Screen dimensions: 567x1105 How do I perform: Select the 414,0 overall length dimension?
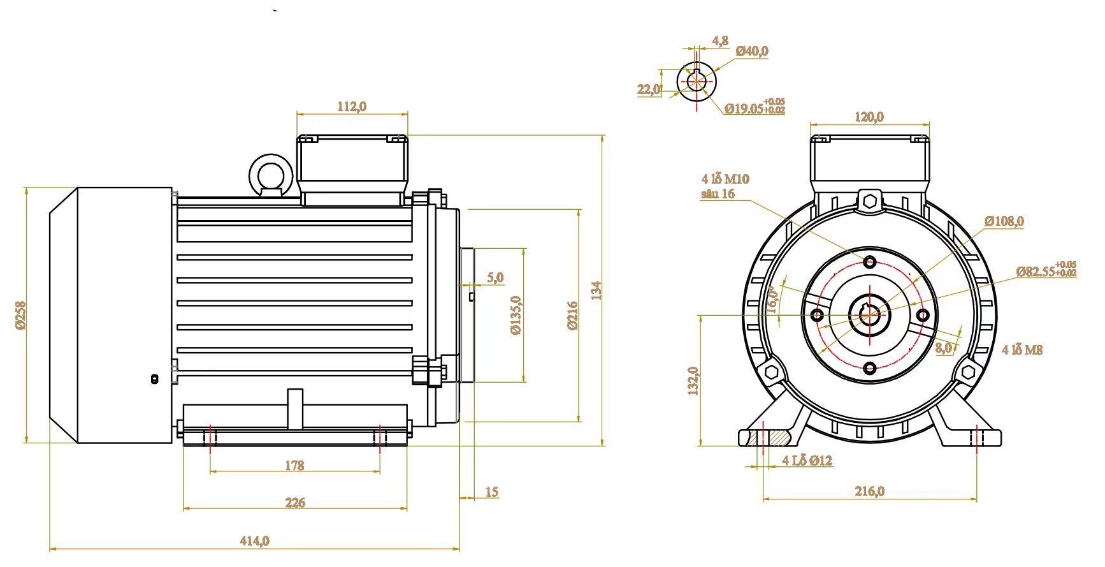pyautogui.click(x=254, y=541)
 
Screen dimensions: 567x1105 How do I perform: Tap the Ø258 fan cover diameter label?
pyautogui.click(x=20, y=315)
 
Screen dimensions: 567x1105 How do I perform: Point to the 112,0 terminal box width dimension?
pyautogui.click(x=352, y=107)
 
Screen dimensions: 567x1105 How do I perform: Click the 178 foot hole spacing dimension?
pyautogui.click(x=294, y=466)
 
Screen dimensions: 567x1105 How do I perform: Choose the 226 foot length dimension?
pyautogui.click(x=295, y=503)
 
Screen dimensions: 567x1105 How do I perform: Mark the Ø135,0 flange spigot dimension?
pyautogui.click(x=516, y=315)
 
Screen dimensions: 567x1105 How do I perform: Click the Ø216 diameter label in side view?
pyautogui.click(x=572, y=315)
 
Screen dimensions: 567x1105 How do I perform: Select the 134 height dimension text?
pyautogui.click(x=596, y=291)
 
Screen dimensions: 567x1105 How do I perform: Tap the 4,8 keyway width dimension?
pyautogui.click(x=720, y=41)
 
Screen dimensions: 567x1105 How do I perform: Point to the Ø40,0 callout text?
pyautogui.click(x=752, y=51)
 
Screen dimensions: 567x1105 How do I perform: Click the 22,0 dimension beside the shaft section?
pyautogui.click(x=649, y=89)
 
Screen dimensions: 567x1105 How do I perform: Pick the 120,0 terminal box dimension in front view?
pyautogui.click(x=869, y=117)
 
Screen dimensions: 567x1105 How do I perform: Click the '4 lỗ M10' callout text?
pyautogui.click(x=725, y=179)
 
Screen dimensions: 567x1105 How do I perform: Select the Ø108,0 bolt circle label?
pyautogui.click(x=1004, y=221)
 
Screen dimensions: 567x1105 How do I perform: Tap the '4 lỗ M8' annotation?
pyautogui.click(x=1022, y=350)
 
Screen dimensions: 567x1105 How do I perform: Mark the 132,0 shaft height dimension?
pyautogui.click(x=693, y=381)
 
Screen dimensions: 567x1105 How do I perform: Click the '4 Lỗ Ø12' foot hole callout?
pyautogui.click(x=807, y=460)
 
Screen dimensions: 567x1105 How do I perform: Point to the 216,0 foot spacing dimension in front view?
pyautogui.click(x=869, y=491)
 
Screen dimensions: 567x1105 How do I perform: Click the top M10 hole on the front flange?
pyautogui.click(x=870, y=261)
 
